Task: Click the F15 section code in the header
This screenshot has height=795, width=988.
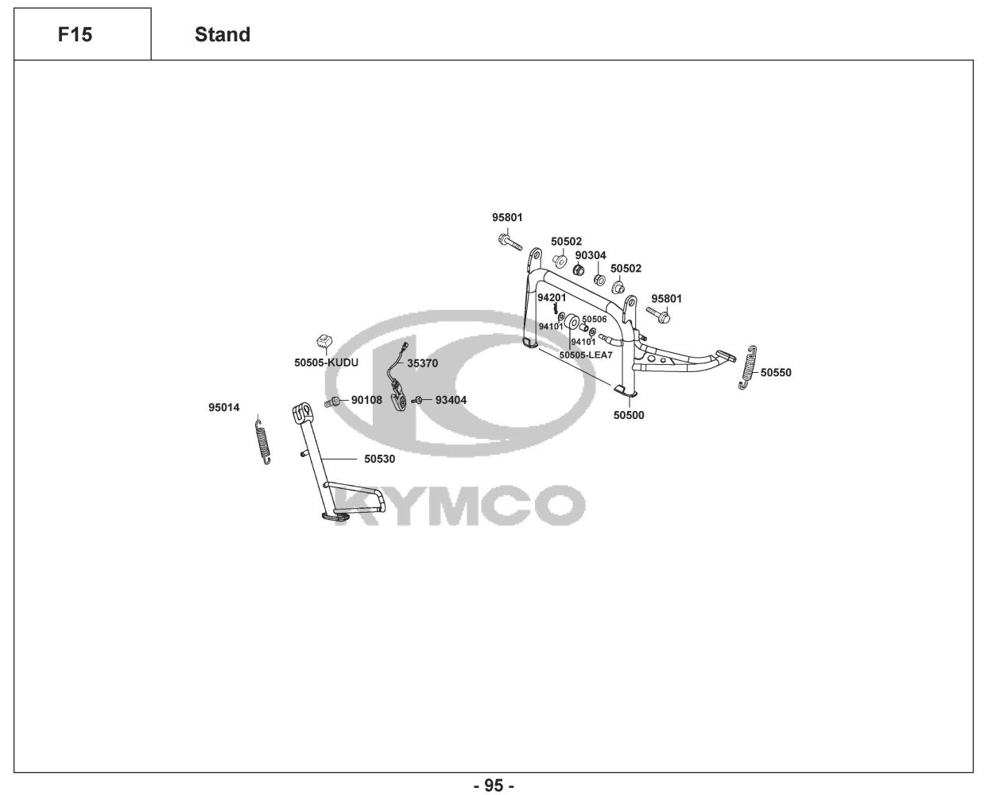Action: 75,35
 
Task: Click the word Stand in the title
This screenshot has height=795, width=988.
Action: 223,35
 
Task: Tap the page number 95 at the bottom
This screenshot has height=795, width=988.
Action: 494,785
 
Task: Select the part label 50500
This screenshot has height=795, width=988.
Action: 629,415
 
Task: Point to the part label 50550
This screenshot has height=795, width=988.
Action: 776,372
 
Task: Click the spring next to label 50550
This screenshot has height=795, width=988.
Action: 748,368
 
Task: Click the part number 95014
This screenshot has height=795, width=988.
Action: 223,408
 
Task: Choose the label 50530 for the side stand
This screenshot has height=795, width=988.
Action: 379,459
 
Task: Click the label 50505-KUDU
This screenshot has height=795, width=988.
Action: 326,363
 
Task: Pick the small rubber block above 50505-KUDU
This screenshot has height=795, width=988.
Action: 323,342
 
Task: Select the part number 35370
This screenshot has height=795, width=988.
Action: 422,363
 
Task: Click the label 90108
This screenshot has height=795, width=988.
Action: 366,400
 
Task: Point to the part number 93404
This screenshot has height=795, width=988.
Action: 451,400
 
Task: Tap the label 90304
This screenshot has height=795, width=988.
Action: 591,255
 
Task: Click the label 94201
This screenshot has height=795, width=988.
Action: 551,297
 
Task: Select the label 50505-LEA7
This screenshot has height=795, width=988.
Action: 586,355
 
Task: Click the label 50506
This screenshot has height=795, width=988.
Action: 594,319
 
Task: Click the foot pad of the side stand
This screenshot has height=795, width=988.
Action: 334,517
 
